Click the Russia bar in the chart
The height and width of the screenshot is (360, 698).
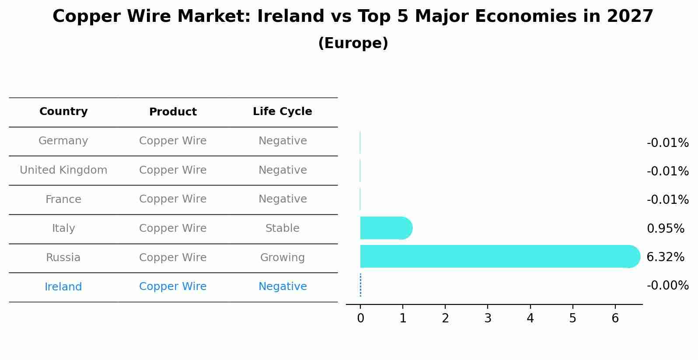point(499,256)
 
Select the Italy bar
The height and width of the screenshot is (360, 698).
point(385,228)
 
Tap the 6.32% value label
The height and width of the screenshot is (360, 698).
point(665,257)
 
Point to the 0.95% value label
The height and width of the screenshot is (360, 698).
point(665,228)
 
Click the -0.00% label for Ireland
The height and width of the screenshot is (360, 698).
point(667,286)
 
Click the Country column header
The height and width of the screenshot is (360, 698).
point(63,112)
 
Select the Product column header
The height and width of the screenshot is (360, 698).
point(173,112)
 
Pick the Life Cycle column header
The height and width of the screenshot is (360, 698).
point(283,112)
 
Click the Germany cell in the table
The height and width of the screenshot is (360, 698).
point(63,141)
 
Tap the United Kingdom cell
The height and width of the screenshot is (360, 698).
point(63,170)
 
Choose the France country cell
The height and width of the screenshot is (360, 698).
point(63,199)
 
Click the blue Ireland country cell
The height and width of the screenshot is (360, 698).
point(63,287)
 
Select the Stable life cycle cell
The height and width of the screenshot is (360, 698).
point(283,228)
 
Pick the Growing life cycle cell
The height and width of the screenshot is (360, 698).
point(283,258)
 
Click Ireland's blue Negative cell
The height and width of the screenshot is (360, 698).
point(283,287)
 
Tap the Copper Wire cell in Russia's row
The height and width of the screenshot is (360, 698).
point(173,258)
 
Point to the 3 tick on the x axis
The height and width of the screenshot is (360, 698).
point(488,318)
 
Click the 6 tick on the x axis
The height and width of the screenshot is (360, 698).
point(615,318)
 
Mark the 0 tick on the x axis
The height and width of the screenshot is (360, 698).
point(360,318)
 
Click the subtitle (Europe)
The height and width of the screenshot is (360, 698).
point(353,43)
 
